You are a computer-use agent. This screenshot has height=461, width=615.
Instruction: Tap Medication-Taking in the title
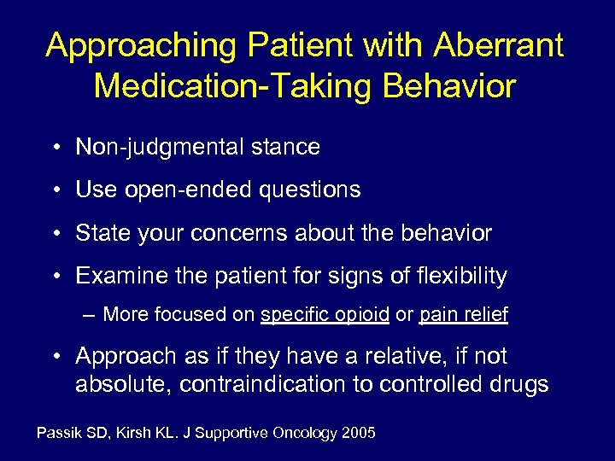click(x=229, y=86)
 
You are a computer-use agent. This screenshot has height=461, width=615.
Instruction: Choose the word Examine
click(x=115, y=276)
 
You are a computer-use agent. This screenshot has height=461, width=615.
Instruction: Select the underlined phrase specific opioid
click(x=325, y=315)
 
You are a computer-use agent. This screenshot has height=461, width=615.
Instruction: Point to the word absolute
click(x=123, y=384)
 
